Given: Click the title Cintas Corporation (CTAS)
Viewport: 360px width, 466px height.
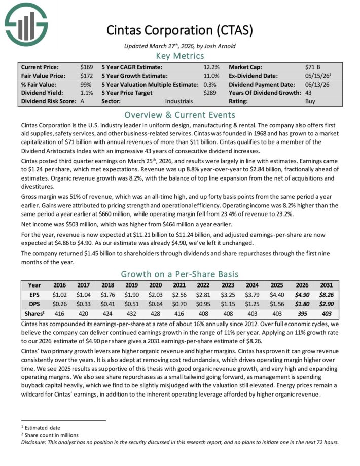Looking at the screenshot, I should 179,30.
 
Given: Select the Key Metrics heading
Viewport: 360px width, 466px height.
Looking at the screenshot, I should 179,56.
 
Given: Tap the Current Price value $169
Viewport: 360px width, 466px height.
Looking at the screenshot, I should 87,67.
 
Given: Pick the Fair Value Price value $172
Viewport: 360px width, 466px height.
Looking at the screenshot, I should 87,76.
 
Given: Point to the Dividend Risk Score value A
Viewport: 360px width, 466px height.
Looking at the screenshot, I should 83,101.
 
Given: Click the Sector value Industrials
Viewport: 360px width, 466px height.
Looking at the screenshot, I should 179,101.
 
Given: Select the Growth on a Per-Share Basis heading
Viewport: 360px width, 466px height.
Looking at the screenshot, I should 179,274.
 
